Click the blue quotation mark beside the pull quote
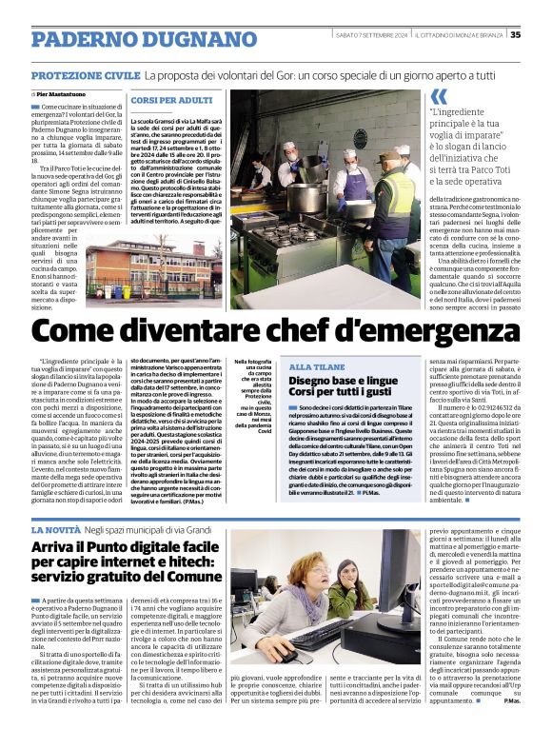click(x=439, y=96)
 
